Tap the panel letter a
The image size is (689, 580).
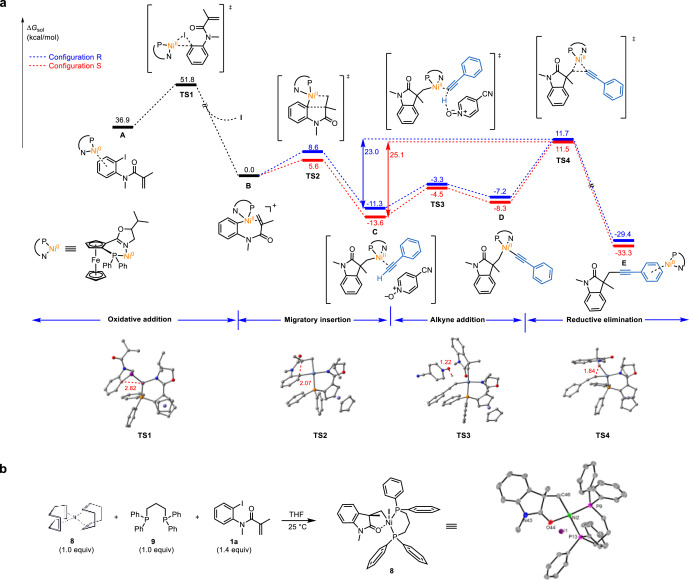[x=7, y=7]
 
